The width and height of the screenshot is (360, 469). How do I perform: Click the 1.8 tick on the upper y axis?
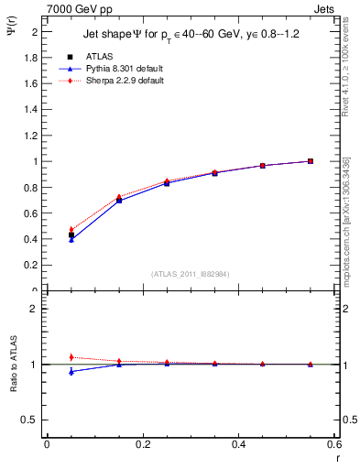pyautogui.click(x=32, y=57)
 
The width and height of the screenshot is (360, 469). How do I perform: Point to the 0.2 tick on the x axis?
pyautogui.click(x=142, y=444)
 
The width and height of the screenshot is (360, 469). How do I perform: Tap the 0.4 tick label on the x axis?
pyautogui.click(x=238, y=444)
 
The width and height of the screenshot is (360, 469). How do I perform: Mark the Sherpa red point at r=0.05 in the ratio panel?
pyautogui.click(x=71, y=357)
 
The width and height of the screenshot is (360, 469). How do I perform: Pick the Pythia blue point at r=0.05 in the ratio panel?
pyautogui.click(x=71, y=371)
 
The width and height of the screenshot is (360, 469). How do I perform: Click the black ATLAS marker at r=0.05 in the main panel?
pyautogui.click(x=71, y=235)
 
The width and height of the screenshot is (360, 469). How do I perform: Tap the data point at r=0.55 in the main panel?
pyautogui.click(x=311, y=161)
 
